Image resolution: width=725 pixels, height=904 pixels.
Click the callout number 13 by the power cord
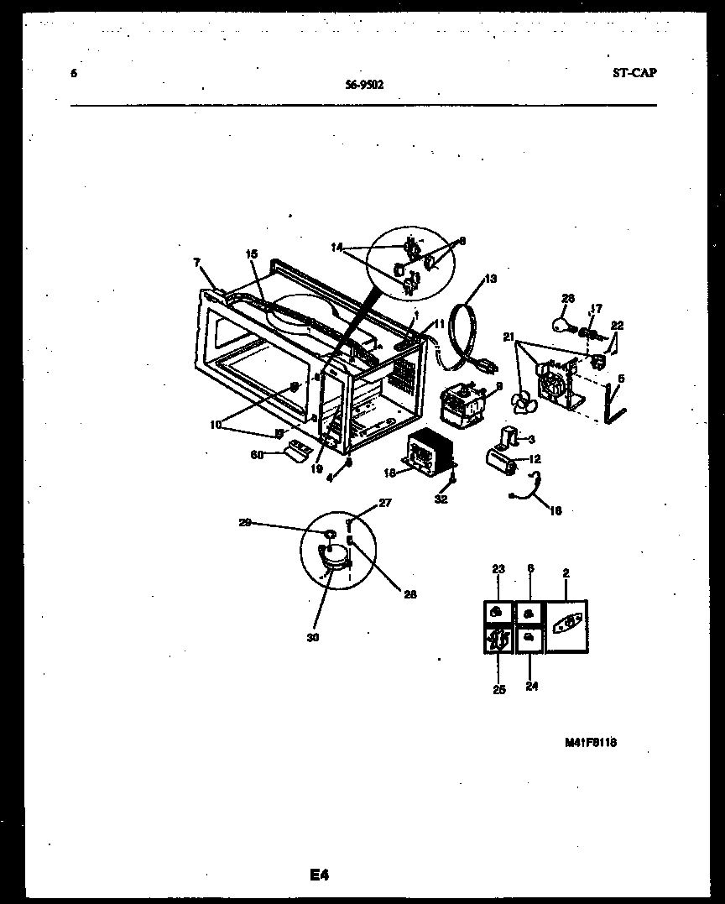(x=491, y=279)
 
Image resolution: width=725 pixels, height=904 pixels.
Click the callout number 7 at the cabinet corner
(x=196, y=263)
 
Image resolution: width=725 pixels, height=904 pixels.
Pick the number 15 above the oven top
(x=251, y=253)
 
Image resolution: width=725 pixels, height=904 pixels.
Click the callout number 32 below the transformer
(x=441, y=499)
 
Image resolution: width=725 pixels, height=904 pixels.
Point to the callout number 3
(x=532, y=438)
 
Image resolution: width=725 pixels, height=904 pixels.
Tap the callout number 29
(x=245, y=523)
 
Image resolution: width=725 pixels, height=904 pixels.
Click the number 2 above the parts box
(x=566, y=573)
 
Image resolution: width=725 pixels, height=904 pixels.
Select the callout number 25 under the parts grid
(x=498, y=691)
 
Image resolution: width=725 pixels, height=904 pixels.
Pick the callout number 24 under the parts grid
(x=532, y=686)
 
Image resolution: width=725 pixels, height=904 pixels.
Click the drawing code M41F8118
(x=597, y=743)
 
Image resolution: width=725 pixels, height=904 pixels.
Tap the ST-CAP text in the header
(x=634, y=72)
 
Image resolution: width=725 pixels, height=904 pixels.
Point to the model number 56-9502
(x=364, y=83)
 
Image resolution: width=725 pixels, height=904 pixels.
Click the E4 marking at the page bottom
(x=318, y=875)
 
